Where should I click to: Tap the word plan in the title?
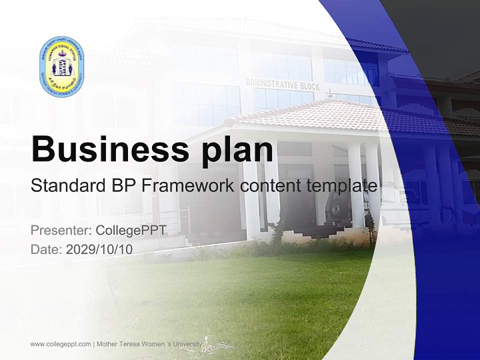(234, 151)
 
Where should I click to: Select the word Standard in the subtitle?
(66, 186)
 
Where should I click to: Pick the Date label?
(46, 249)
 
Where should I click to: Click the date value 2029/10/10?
(99, 249)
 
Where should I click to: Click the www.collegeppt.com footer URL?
(60, 344)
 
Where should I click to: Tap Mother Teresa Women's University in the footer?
(149, 344)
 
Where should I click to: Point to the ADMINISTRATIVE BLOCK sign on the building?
(282, 84)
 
